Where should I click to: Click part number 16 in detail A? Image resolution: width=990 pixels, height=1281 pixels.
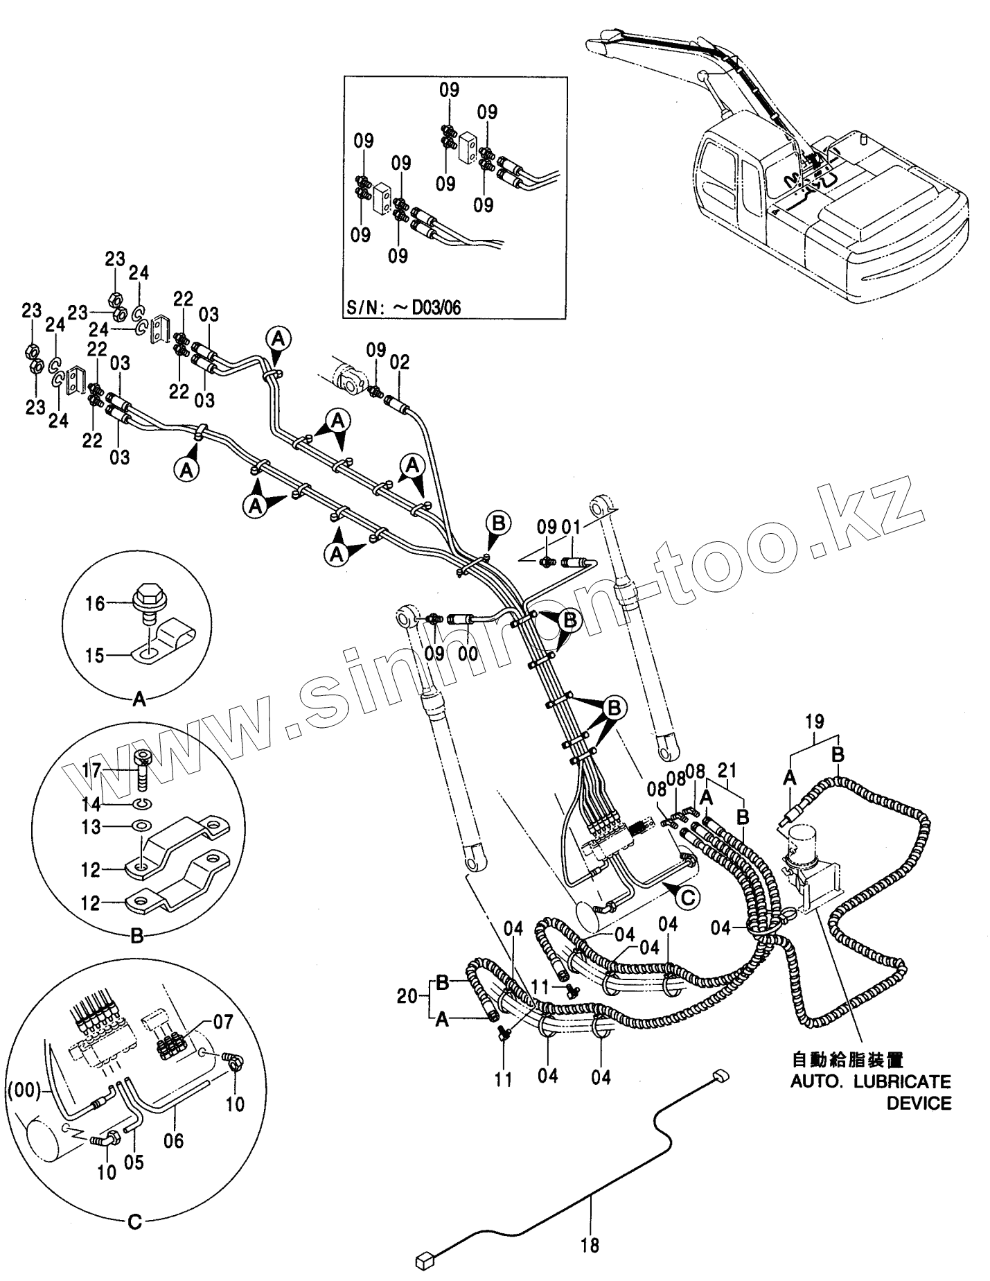[95, 604]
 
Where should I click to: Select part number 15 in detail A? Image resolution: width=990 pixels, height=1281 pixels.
[94, 655]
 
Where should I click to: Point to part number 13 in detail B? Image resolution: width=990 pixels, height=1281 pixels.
[91, 827]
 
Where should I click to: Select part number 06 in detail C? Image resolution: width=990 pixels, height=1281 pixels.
[173, 1140]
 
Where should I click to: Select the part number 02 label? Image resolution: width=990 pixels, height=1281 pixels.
[400, 362]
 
